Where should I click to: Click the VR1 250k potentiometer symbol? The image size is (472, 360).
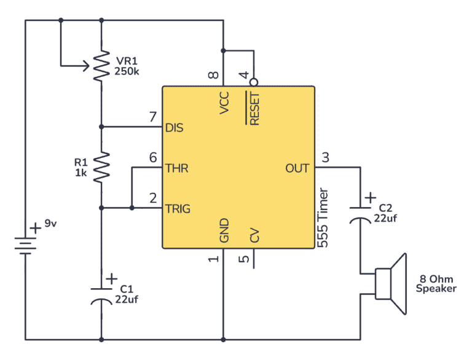click(100, 66)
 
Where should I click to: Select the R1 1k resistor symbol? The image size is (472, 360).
click(100, 166)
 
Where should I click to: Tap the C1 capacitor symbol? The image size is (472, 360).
click(100, 293)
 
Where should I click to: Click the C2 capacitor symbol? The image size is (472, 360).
click(360, 212)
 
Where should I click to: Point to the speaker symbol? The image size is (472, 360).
click(391, 284)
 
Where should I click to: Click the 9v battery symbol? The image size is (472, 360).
click(25, 246)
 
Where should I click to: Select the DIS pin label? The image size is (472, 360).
click(175, 128)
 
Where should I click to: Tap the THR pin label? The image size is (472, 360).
click(176, 168)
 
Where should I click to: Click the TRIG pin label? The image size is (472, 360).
click(178, 209)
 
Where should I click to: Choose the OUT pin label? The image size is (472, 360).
click(297, 168)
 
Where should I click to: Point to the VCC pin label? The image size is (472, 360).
click(224, 103)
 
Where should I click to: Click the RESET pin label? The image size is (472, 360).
click(254, 108)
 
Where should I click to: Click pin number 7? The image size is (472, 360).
click(152, 117)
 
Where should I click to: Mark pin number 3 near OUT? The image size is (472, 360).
click(325, 157)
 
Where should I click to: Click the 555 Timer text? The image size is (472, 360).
click(324, 218)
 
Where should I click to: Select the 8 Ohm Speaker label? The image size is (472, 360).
click(436, 284)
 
